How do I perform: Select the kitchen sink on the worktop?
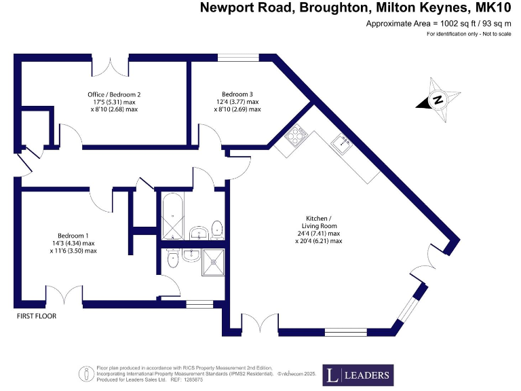(x=341, y=142)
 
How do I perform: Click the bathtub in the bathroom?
(x=172, y=217)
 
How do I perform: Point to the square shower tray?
(x=216, y=261)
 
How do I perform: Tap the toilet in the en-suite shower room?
(x=172, y=258)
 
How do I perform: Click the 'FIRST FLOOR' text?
(x=37, y=316)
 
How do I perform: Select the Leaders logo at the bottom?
(x=358, y=374)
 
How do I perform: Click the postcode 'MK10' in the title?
(x=490, y=8)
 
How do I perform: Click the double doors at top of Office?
(x=109, y=67)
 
